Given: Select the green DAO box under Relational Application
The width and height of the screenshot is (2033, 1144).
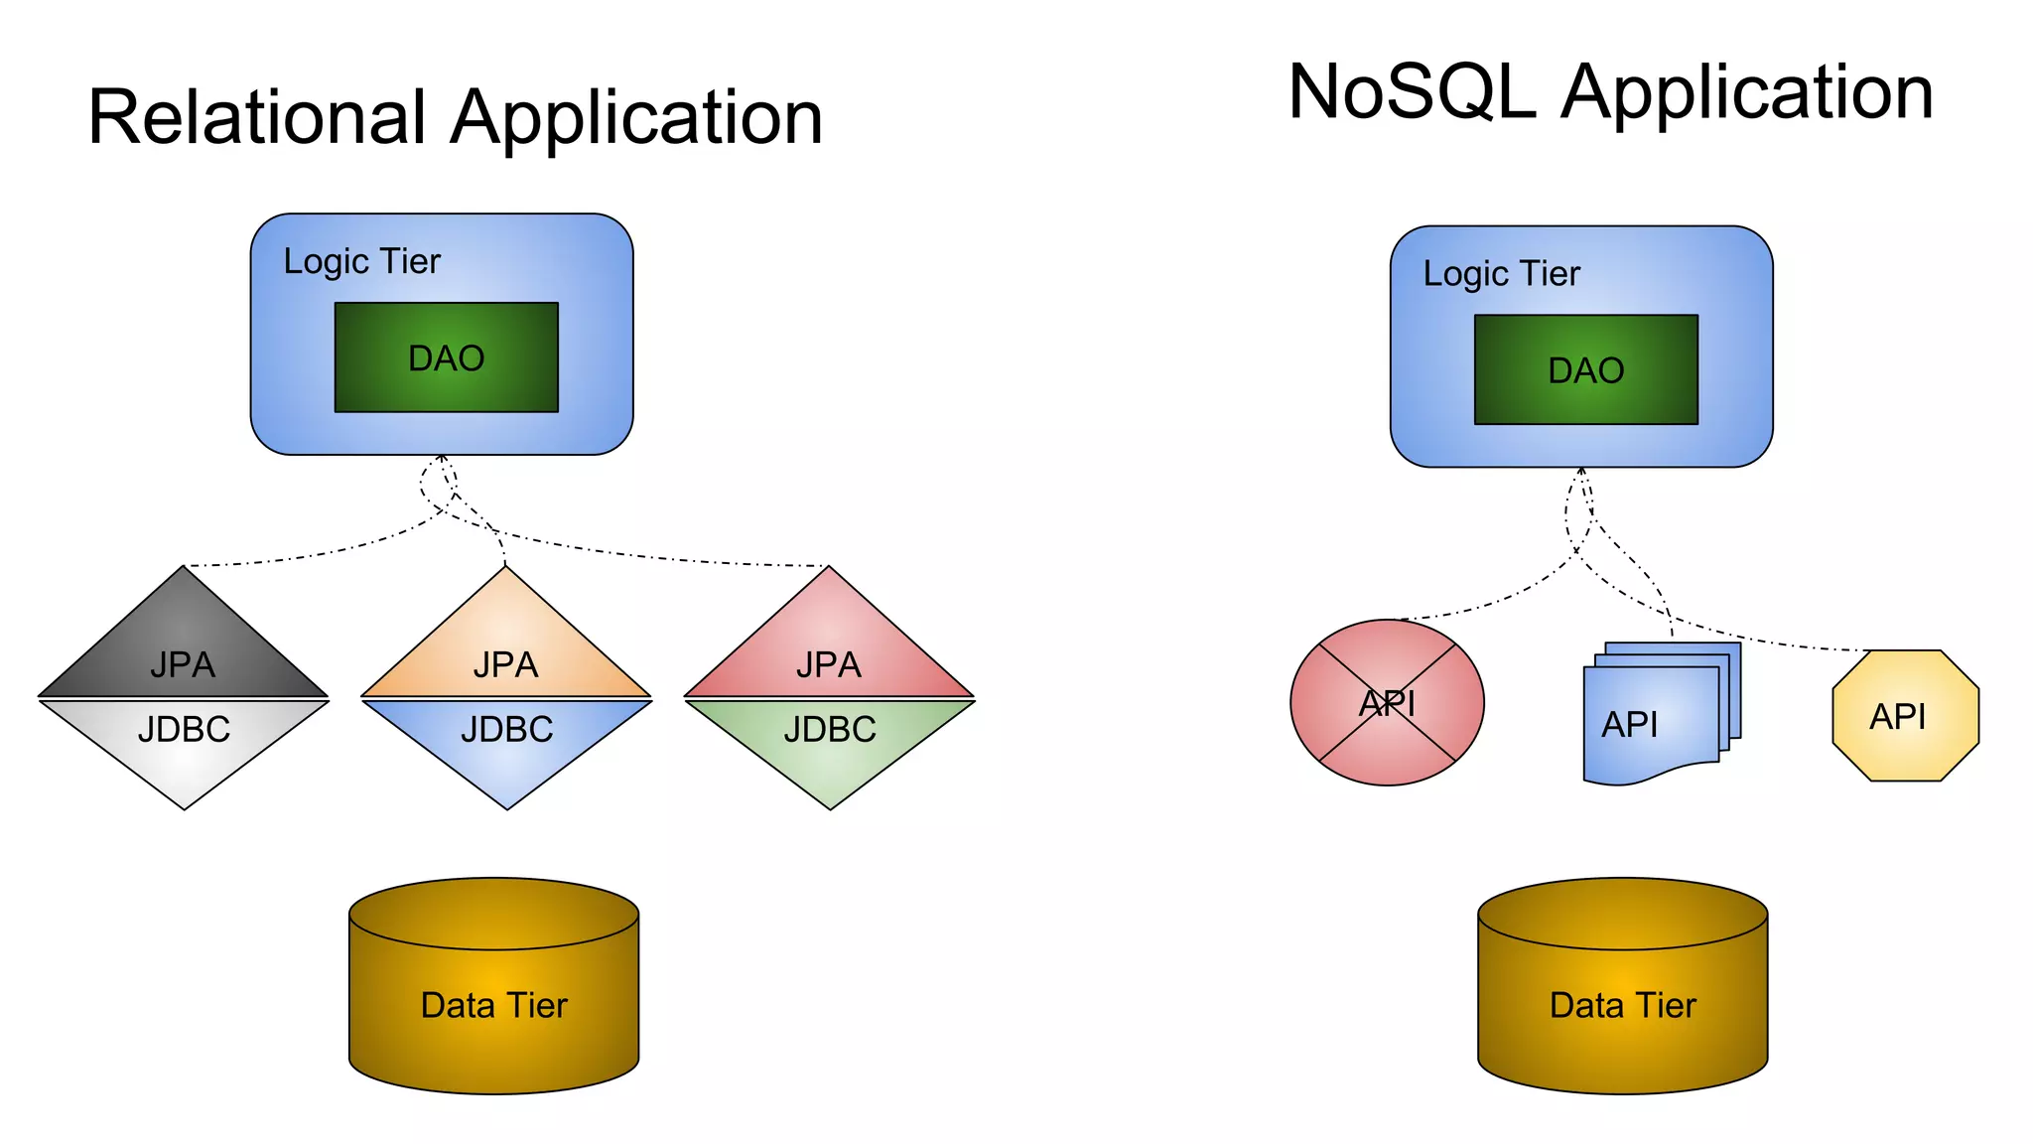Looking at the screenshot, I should pyautogui.click(x=446, y=357).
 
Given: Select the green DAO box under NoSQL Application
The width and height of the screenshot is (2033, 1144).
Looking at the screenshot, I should pyautogui.click(x=1585, y=369).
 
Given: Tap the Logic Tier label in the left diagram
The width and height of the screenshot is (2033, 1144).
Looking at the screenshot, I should pyautogui.click(x=361, y=261).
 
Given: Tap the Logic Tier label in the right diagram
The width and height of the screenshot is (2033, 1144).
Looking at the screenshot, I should pyautogui.click(x=1501, y=273).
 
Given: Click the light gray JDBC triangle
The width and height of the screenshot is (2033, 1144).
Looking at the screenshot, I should pyautogui.click(x=184, y=740).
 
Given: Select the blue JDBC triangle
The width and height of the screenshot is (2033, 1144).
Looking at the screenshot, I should pyautogui.click(x=506, y=740).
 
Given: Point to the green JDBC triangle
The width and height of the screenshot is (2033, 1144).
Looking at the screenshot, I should pyautogui.click(x=830, y=740).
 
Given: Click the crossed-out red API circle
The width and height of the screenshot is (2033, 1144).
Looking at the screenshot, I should pyautogui.click(x=1387, y=703).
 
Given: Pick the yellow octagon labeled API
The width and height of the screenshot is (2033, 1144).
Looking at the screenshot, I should pyautogui.click(x=1905, y=716).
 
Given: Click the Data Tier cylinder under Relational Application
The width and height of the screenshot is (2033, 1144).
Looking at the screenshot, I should pyautogui.click(x=493, y=1003).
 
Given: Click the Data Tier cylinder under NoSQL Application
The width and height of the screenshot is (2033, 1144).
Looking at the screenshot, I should pyautogui.click(x=1622, y=1003).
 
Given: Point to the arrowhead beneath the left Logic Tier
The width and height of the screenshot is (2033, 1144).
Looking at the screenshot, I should pyautogui.click(x=441, y=459).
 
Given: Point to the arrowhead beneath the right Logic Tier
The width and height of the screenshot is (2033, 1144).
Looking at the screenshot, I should pyautogui.click(x=1581, y=471).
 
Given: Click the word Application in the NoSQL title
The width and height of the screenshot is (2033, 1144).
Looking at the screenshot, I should pyautogui.click(x=1747, y=91).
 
